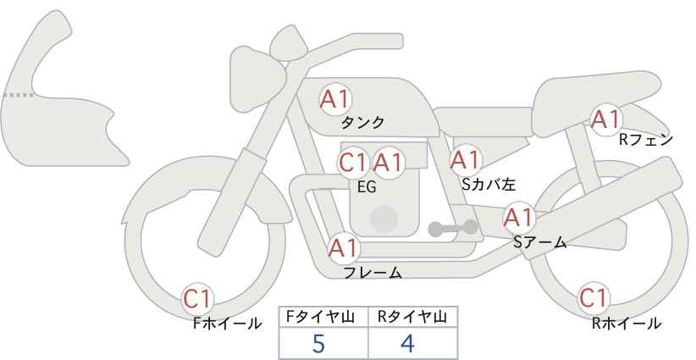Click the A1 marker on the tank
[x=335, y=99]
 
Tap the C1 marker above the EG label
[x=353, y=163]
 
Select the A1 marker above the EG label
[x=388, y=163]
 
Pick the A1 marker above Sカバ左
[x=465, y=160]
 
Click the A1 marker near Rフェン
[x=606, y=119]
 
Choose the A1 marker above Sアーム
[x=518, y=218]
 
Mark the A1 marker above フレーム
[x=343, y=248]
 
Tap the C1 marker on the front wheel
[x=197, y=299]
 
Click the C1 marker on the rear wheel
[x=594, y=298]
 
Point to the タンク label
[x=362, y=122]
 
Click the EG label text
[x=367, y=187]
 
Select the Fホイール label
[x=227, y=324]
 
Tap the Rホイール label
[x=627, y=324]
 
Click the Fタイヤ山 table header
[x=320, y=317]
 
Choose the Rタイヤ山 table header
[x=412, y=317]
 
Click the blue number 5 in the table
[x=318, y=344]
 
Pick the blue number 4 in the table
[x=407, y=343]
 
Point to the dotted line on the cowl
[x=19, y=95]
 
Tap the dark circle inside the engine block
[x=384, y=219]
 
